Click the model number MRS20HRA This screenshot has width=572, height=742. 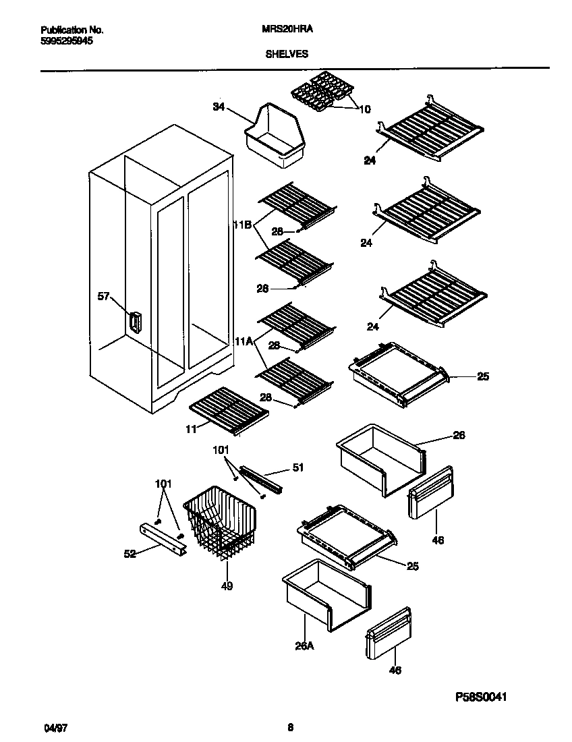pyautogui.click(x=287, y=30)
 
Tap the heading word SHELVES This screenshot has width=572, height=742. pyautogui.click(x=286, y=54)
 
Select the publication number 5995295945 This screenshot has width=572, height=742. pyautogui.click(x=67, y=40)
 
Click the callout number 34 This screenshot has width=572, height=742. pyautogui.click(x=219, y=107)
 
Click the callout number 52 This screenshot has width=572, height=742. pyautogui.click(x=130, y=554)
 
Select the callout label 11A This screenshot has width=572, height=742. pyautogui.click(x=244, y=343)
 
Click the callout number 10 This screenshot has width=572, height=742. pyautogui.click(x=364, y=109)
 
